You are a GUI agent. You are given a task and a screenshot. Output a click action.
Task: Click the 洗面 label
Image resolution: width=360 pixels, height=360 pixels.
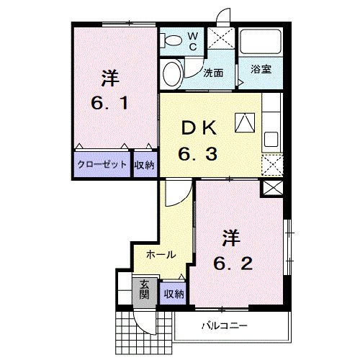click(212, 73)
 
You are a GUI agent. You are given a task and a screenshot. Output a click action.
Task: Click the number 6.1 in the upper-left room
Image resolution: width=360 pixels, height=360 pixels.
click(110, 103)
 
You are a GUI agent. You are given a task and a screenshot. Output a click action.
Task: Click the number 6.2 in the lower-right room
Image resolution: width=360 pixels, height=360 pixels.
click(232, 264)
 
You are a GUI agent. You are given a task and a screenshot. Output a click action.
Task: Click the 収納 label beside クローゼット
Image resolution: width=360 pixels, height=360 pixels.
click(144, 165)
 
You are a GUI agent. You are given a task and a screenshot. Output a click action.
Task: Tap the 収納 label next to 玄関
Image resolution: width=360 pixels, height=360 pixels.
click(173, 294)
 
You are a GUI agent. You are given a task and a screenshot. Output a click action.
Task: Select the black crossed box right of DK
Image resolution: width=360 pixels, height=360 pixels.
click(273, 189)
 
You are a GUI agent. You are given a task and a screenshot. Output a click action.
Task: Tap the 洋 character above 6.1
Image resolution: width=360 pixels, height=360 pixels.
click(109, 76)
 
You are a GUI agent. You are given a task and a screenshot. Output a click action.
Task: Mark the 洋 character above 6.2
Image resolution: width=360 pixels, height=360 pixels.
click(230, 235)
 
